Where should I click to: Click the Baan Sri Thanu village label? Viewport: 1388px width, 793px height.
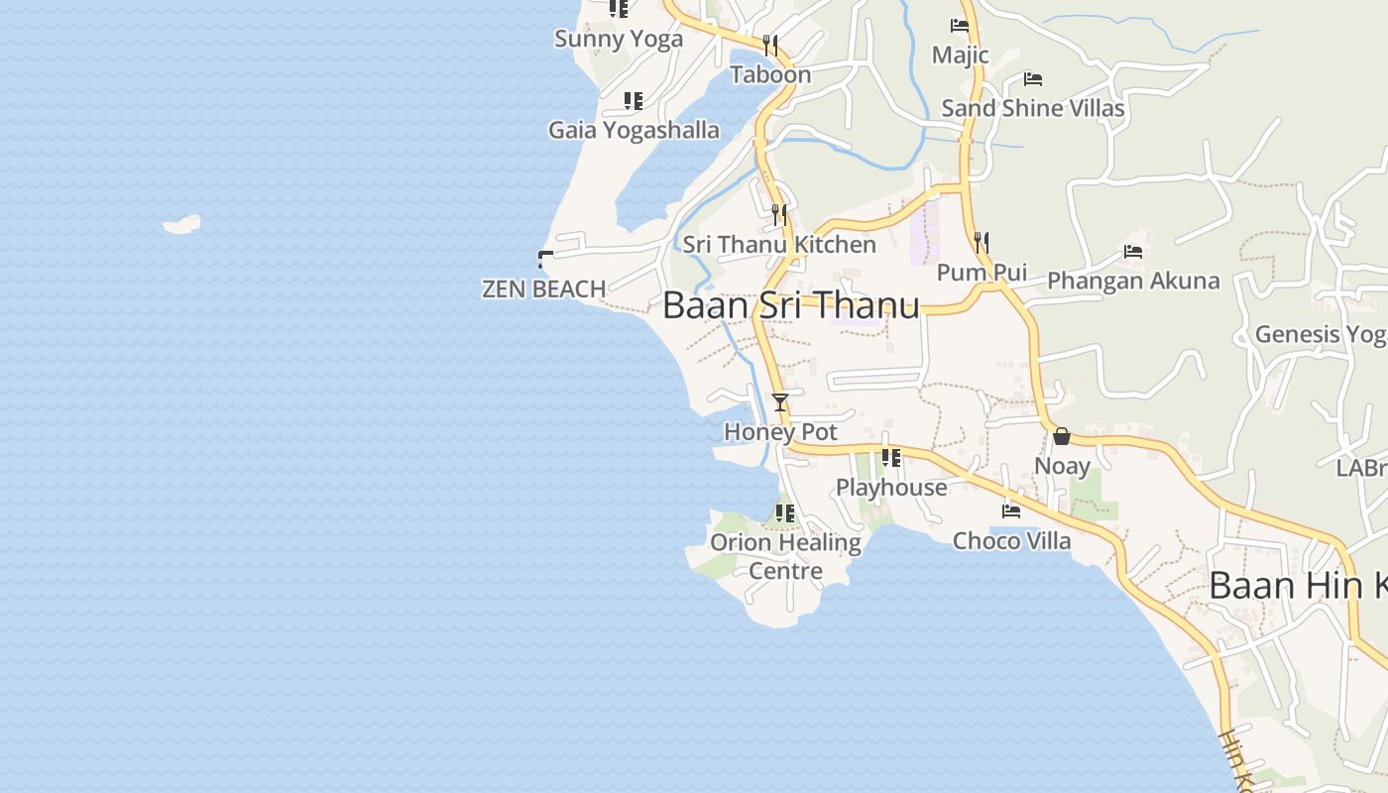coord(790,305)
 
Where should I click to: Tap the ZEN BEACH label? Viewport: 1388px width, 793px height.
coord(543,289)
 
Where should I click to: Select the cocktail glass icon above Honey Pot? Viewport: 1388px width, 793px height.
coord(780,402)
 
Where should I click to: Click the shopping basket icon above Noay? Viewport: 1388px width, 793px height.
coord(1062,436)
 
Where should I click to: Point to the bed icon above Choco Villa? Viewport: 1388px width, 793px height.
coord(1011,511)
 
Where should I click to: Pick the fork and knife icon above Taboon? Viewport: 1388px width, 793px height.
coord(770,45)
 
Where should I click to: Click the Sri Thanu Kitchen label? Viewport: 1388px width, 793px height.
coord(779,245)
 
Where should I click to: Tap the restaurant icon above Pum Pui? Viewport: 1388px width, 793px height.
coord(982,242)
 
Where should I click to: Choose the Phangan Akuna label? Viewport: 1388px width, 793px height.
coord(1133,281)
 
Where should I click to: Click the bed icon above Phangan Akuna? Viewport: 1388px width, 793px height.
coord(1133,252)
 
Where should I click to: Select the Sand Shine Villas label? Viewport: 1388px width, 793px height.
coord(1033,108)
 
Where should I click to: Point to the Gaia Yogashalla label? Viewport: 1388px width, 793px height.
coord(634,130)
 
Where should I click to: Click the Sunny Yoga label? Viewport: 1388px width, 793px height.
coord(619,40)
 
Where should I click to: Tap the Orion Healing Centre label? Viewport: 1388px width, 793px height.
coord(785,556)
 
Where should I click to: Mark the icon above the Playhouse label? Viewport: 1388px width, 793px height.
coord(891,458)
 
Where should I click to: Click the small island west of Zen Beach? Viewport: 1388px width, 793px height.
coord(182,225)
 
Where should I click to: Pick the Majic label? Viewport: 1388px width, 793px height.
coord(960,55)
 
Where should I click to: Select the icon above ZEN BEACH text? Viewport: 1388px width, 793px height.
coord(544,260)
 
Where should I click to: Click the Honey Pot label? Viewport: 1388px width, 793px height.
coord(780,432)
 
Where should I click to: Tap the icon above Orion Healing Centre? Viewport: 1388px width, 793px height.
coord(785,513)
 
